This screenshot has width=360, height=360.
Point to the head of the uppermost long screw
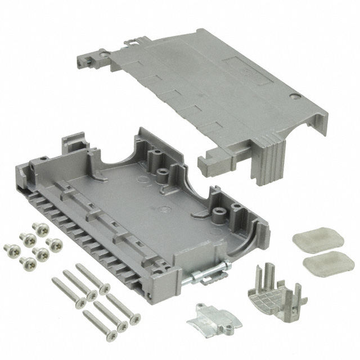(x=105, y=289)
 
